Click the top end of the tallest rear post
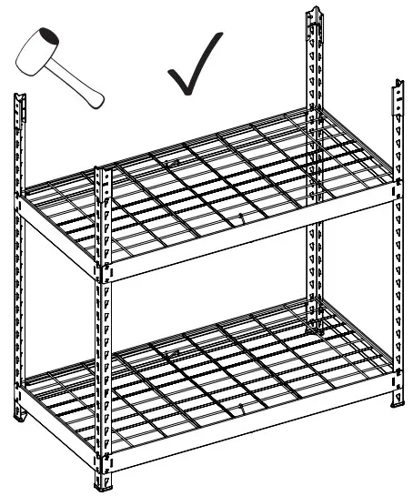[x=315, y=13]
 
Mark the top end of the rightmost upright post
[x=398, y=86]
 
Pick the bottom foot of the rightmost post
[x=398, y=400]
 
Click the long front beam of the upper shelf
[x=246, y=232]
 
